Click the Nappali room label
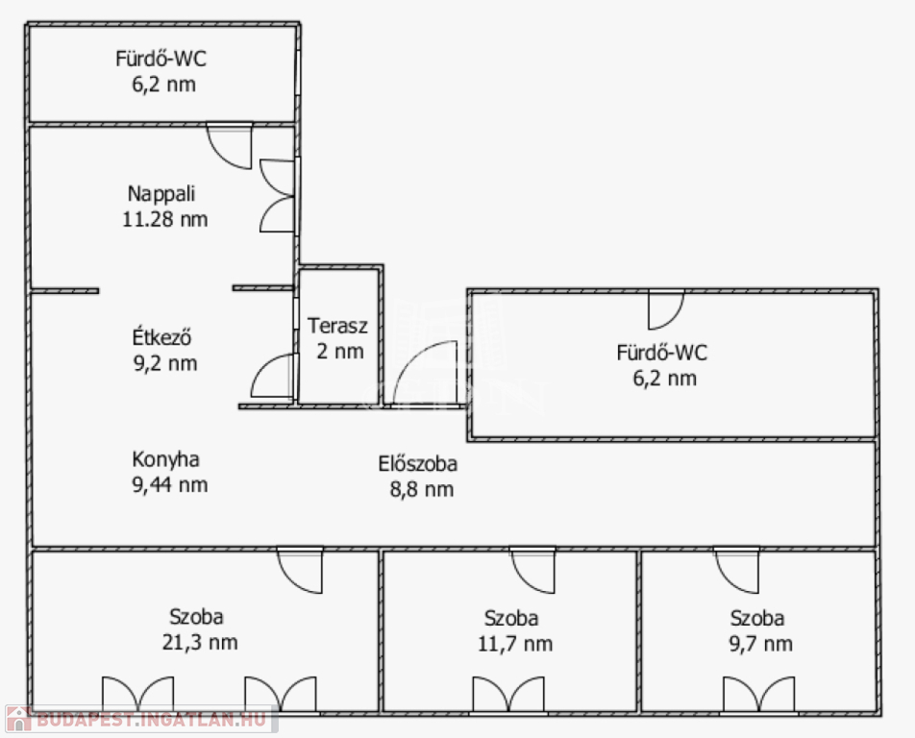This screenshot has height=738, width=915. [161, 194]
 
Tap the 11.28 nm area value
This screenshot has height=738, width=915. [165, 219]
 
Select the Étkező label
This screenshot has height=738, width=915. [161, 337]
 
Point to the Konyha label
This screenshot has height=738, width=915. [165, 459]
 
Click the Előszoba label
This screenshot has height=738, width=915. [418, 463]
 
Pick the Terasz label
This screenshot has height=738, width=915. [338, 326]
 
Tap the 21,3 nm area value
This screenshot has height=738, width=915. [200, 642]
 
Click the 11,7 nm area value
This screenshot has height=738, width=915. [515, 644]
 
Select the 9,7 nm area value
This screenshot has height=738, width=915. [761, 644]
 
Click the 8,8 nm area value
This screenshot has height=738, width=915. [422, 489]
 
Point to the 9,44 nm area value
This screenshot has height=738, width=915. [170, 485]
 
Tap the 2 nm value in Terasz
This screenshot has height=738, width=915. [340, 351]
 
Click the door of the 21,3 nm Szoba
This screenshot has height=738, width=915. [300, 570]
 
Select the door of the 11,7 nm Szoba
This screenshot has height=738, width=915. [532, 570]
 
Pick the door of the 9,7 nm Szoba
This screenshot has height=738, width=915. [737, 570]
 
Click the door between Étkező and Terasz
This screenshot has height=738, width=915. [274, 377]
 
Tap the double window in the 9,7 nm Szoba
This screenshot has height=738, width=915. [758, 695]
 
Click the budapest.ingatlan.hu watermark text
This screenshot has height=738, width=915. [151, 720]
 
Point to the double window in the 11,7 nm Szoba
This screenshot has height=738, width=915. [508, 695]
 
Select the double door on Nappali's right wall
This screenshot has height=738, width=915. [278, 196]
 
